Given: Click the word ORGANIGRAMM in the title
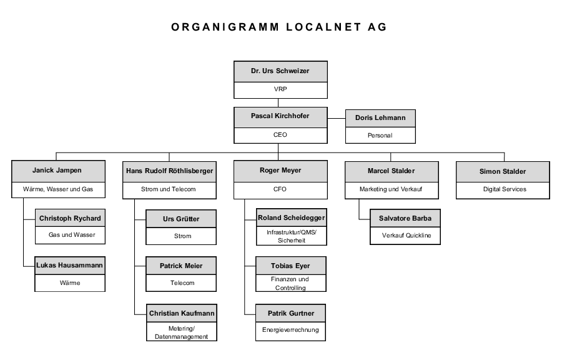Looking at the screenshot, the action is click(225, 27).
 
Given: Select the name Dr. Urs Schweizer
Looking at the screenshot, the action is click(280, 71).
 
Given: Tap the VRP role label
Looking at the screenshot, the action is click(280, 89).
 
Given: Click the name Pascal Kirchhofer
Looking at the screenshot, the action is click(280, 116).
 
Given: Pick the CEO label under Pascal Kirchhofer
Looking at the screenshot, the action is click(280, 135).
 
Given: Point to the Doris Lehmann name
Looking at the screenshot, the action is click(380, 117).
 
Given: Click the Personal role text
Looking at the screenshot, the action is click(380, 135).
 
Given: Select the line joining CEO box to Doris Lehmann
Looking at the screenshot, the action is click(337, 118).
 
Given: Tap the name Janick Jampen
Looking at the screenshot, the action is click(57, 171).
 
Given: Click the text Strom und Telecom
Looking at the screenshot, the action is click(169, 189).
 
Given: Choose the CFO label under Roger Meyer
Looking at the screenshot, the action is click(280, 189).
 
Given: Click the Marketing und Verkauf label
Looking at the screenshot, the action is click(391, 189).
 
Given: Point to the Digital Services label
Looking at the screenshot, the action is click(505, 189).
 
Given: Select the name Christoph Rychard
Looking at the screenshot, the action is click(70, 218).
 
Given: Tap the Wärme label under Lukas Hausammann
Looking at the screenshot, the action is click(70, 283).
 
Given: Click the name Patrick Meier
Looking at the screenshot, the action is click(181, 266).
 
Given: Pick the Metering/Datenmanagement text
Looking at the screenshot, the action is click(181, 332).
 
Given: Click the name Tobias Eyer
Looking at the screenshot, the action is click(290, 266).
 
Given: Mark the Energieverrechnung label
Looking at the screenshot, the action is click(290, 329).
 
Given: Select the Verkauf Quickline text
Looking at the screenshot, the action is click(407, 235).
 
